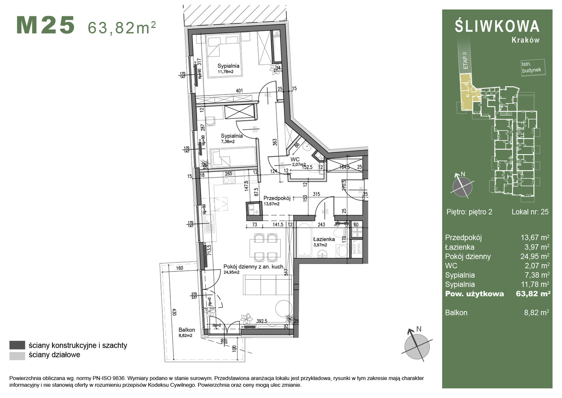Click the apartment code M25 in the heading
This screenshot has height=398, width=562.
pyautogui.click(x=45, y=26)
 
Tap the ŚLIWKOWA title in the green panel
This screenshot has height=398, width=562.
pyautogui.click(x=497, y=26)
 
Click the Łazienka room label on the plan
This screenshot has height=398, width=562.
pyautogui.click(x=324, y=239)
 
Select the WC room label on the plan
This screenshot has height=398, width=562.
pyautogui.click(x=295, y=159)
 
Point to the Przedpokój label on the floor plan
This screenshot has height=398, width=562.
pyautogui.click(x=277, y=198)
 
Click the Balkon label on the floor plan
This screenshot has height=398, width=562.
pyautogui.click(x=187, y=330)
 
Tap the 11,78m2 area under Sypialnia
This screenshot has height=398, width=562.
pyautogui.click(x=226, y=72)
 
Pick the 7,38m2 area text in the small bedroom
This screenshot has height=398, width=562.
pyautogui.click(x=228, y=142)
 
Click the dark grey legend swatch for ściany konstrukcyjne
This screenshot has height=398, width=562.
pyautogui.click(x=17, y=345)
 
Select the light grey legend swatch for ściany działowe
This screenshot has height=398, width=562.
pyautogui.click(x=17, y=355)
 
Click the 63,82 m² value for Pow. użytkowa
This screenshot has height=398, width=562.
pyautogui.click(x=533, y=294)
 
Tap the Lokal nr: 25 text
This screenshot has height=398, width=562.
pyautogui.click(x=530, y=212)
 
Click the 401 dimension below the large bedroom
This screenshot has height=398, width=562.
pyautogui.click(x=239, y=91)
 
